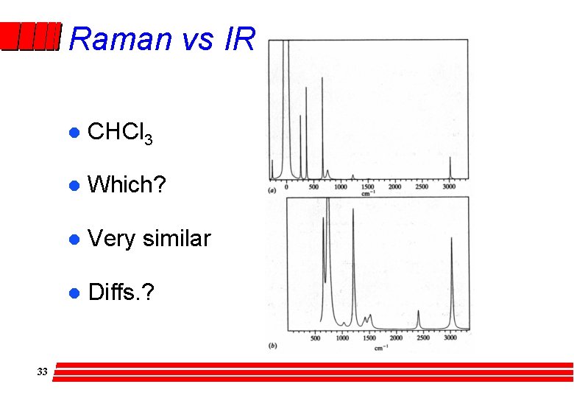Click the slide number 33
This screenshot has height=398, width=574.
point(42,372)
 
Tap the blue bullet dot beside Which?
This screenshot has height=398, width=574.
point(73,186)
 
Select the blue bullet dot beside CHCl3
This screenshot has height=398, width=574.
point(73,133)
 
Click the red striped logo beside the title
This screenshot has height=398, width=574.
point(29,37)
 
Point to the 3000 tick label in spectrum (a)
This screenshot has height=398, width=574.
point(450,187)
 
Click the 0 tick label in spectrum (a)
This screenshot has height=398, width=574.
point(287,187)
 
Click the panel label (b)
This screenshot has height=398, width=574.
point(273,345)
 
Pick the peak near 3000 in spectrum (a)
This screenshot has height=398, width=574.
point(450,167)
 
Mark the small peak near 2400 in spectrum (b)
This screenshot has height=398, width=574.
point(418,318)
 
